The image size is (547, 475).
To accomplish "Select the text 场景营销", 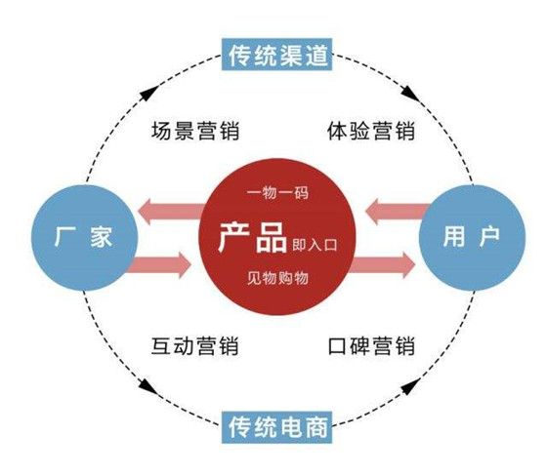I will (195, 130).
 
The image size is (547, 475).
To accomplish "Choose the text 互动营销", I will (195, 345).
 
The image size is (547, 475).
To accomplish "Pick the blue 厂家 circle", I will (81, 237).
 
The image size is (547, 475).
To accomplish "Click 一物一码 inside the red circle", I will (278, 192).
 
